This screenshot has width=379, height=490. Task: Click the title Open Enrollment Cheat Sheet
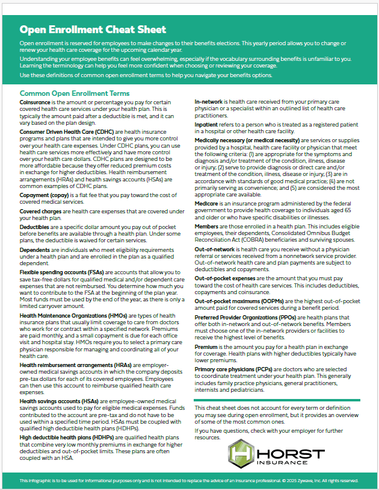pyautogui.click(x=93, y=29)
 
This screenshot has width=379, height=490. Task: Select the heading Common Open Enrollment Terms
pyautogui.click(x=74, y=93)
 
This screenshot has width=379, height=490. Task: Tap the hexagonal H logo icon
pyautogui.click(x=241, y=453)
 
